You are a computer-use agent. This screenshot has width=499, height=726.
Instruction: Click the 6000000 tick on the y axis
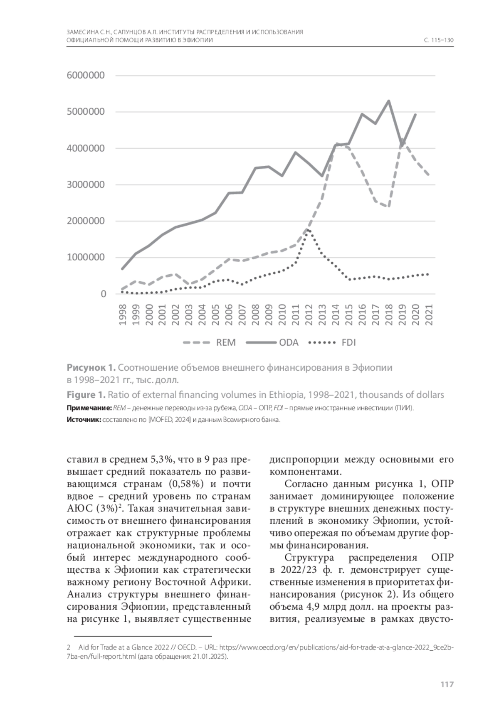tap(85, 76)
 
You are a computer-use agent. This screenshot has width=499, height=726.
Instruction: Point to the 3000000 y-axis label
tap(85, 185)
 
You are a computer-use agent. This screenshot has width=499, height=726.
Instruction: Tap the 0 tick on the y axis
tap(103, 294)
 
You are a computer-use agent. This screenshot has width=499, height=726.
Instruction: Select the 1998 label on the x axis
tap(123, 315)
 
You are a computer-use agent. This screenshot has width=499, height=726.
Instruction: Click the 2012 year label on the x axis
tap(309, 315)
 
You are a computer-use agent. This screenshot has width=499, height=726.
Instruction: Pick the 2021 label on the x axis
tap(429, 315)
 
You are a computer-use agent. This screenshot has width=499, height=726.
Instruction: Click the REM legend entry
tap(226, 342)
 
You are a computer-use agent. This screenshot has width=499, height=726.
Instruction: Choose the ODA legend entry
tap(289, 342)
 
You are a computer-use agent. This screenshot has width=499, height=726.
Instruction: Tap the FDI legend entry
tap(348, 342)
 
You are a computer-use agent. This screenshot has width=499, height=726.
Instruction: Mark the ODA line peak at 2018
tap(388, 101)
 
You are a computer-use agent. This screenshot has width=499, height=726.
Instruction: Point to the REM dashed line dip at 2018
tap(388, 207)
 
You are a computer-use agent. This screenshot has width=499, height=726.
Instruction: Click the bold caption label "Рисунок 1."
tap(91, 368)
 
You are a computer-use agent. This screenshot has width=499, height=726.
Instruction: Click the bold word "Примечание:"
tap(89, 408)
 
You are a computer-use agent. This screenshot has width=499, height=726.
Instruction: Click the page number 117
tap(447, 684)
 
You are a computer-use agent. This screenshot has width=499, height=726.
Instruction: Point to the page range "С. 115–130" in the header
tap(438, 41)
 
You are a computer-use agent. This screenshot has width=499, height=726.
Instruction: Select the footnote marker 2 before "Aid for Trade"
tap(68, 647)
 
